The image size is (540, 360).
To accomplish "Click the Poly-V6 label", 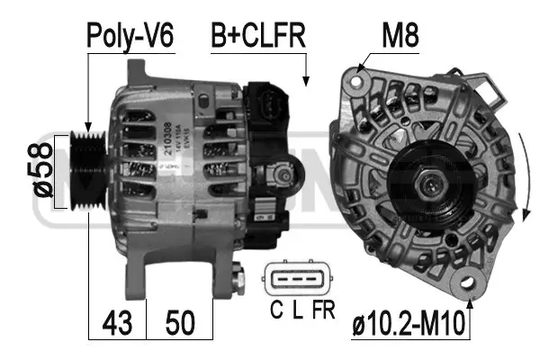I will (130, 36).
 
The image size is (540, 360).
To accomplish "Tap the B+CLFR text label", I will (257, 36).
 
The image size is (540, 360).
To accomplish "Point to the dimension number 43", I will (117, 321).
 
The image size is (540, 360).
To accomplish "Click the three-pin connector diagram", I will (295, 280).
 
